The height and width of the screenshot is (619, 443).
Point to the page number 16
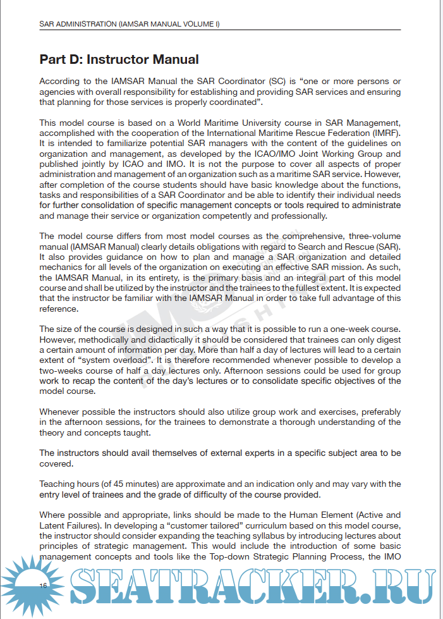pyautogui.click(x=43, y=586)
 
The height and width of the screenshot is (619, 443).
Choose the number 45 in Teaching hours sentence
pyautogui.click(x=112, y=484)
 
